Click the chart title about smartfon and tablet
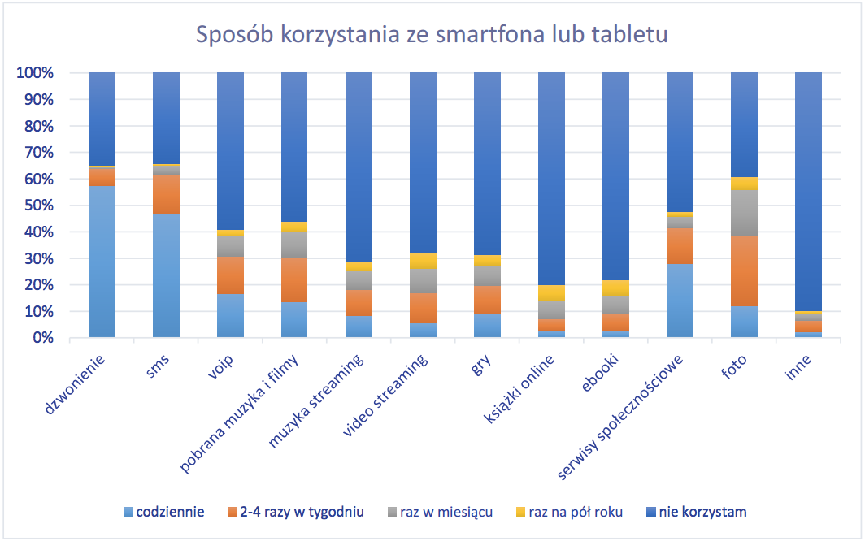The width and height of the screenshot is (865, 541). point(432,36)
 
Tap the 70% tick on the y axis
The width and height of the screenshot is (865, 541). point(37,153)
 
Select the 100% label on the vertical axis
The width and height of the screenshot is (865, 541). point(33,73)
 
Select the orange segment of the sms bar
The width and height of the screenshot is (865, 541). point(166,194)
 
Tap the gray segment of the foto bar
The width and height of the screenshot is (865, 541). point(744,213)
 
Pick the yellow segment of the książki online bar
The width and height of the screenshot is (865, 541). point(551,293)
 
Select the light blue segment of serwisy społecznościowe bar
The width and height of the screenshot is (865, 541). point(680,301)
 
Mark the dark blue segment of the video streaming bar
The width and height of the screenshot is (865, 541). point(423,162)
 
